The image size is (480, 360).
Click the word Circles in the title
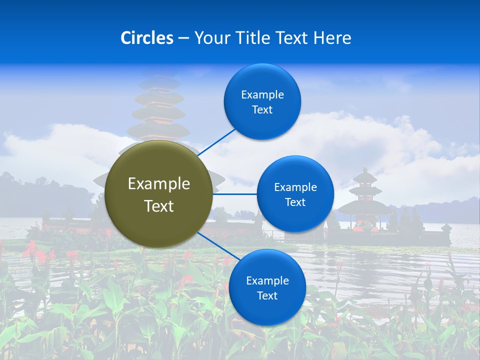(147, 38)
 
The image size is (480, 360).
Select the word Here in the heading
(332, 38)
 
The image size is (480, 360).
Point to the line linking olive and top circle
(216, 141)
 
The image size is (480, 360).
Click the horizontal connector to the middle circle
(234, 194)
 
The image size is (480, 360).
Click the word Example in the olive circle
(159, 184)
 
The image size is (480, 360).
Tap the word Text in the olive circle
(159, 206)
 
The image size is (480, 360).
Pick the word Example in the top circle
(262, 95)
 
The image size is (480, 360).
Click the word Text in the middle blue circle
(295, 202)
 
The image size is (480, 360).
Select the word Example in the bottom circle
(267, 281)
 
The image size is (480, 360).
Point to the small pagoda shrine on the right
(364, 200)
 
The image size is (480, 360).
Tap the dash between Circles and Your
(183, 38)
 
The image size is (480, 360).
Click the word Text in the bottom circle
(267, 296)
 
